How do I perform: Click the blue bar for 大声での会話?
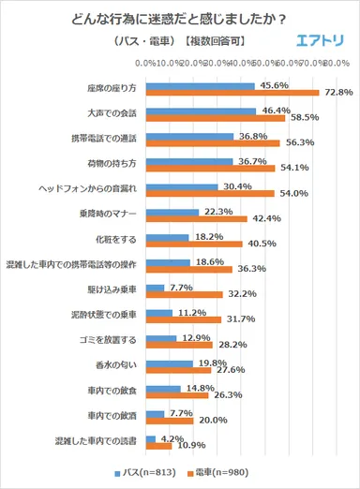[x=201, y=111]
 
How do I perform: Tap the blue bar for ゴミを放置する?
[x=161, y=338]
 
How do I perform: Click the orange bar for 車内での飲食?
[x=177, y=396]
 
